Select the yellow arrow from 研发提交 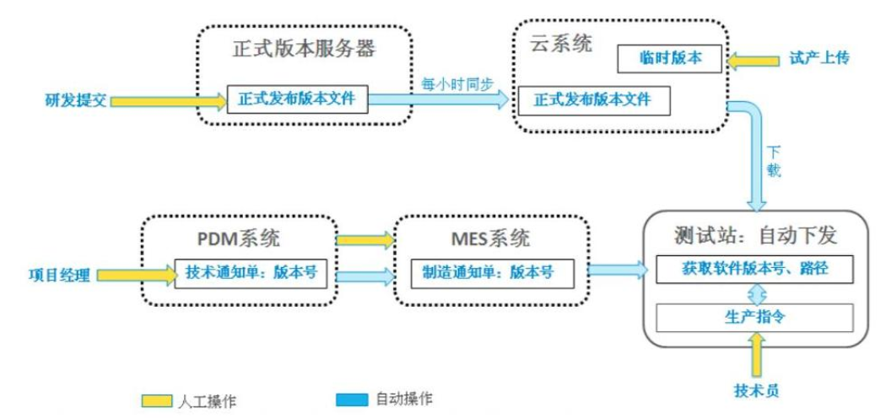pos(169,101)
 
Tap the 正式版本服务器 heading pos(303,48)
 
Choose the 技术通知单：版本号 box pos(250,273)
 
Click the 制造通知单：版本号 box pos(487,273)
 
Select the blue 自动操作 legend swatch pos(351,398)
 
